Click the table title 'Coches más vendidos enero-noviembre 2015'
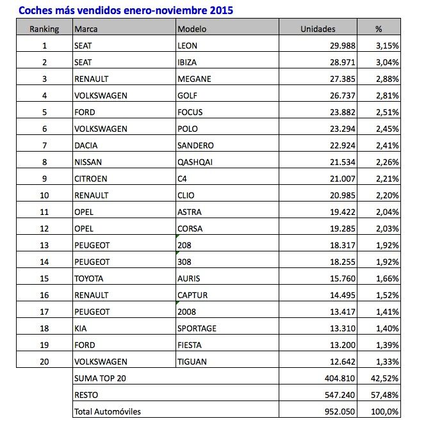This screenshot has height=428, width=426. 126,10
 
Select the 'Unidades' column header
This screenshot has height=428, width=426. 318,29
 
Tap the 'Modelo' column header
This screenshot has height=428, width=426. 192,29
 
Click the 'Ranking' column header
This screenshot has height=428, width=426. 44,29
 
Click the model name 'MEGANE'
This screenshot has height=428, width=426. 195,79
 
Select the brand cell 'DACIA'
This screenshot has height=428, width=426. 86,145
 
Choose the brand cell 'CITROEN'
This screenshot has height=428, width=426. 90,178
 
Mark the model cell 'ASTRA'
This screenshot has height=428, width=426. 191,212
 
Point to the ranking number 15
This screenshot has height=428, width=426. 44,278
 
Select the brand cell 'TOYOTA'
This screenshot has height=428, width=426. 89,278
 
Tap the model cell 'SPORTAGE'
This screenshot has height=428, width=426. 198,328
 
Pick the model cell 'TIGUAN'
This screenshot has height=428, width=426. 193,361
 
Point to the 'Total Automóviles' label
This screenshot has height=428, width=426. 108,411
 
